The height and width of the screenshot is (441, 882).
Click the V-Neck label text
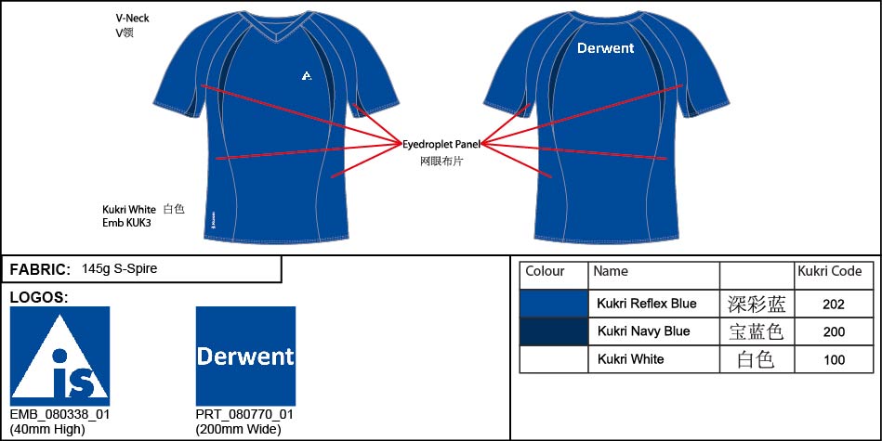pyautogui.click(x=132, y=19)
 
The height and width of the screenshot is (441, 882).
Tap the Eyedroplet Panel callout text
pyautogui.click(x=441, y=145)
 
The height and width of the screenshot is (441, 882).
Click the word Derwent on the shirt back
pyautogui.click(x=605, y=48)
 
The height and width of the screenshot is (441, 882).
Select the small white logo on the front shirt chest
pyautogui.click(x=306, y=75)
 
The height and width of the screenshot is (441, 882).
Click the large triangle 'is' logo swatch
pyautogui.click(x=60, y=357)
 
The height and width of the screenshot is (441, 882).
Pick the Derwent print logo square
pyautogui.click(x=245, y=357)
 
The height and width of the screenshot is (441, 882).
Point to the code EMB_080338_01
pyautogui.click(x=59, y=415)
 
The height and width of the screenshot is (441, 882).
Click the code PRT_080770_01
pyautogui.click(x=244, y=415)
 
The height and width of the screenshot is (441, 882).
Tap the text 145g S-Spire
pyautogui.click(x=119, y=268)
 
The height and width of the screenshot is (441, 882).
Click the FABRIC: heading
pyautogui.click(x=41, y=269)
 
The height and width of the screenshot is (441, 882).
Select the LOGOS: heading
pyautogui.click(x=39, y=298)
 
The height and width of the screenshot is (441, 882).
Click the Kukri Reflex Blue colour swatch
pyautogui.click(x=554, y=304)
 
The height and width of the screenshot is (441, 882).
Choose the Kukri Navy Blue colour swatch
pyautogui.click(x=554, y=331)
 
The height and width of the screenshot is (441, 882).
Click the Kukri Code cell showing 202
pyautogui.click(x=833, y=305)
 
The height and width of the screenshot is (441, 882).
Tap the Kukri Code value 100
pyautogui.click(x=834, y=359)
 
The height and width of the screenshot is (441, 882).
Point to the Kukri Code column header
pyautogui.click(x=830, y=271)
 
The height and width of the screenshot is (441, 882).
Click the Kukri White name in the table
pyautogui.click(x=630, y=359)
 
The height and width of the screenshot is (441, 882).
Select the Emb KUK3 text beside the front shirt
pyautogui.click(x=126, y=223)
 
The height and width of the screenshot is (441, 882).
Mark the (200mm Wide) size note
pyautogui.click(x=238, y=431)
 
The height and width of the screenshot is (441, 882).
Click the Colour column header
pyautogui.click(x=545, y=271)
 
